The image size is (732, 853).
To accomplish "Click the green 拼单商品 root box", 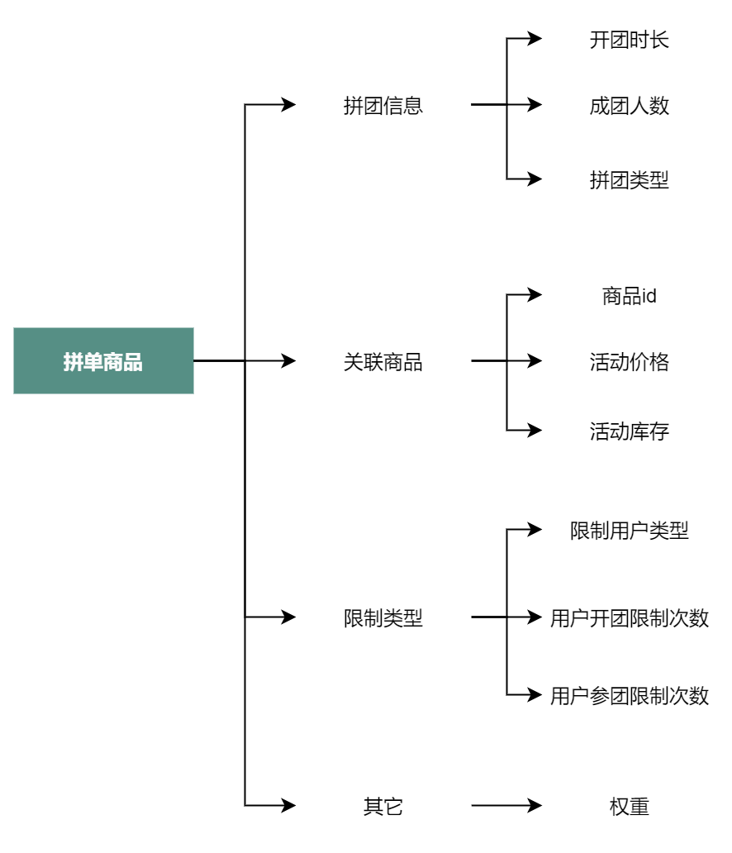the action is tap(103, 360).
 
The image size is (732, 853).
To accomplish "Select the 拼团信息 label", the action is tap(383, 106).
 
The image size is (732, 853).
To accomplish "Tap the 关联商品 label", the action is tap(383, 362).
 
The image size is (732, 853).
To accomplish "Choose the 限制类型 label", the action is tap(383, 618).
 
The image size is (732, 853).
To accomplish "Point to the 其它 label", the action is tap(383, 806).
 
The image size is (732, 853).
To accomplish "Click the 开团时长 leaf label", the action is tap(630, 40).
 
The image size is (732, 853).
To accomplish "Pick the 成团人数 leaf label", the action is tap(630, 106).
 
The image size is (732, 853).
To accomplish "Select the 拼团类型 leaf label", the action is tap(630, 180).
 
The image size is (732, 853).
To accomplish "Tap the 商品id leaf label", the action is tap(630, 296).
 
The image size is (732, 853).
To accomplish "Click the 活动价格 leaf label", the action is tap(630, 362).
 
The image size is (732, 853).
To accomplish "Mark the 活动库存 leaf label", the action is tap(630, 431).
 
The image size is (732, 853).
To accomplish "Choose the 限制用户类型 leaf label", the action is tap(630, 531).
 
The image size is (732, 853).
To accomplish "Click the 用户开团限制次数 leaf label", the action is tap(630, 618).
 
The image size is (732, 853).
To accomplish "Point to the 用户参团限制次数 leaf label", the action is tap(630, 696).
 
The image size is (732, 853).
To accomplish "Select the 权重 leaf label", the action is tap(630, 806).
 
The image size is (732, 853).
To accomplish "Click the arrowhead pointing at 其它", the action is tap(288, 805).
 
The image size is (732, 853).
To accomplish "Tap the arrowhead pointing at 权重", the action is tap(535, 805).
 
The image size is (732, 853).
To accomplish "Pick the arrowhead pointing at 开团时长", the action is tap(535, 39).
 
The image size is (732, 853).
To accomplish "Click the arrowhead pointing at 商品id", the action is tap(535, 295).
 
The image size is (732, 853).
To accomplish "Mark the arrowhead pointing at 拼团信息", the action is tap(288, 104).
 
